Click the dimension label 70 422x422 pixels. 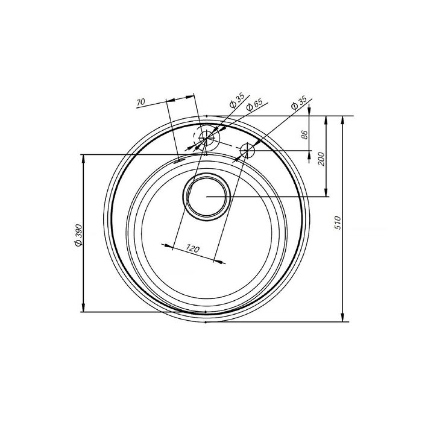coord(140,102)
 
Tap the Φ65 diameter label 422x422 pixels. coord(254,105)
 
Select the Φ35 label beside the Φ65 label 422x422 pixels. coord(236,100)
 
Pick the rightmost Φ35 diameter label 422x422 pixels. coord(299,103)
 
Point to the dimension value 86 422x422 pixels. coord(304,134)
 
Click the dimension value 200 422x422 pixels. coord(321,159)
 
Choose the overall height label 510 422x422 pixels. coord(338,222)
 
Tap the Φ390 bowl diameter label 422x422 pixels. coord(78,235)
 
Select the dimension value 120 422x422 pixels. coord(193,248)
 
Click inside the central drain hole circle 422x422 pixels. coord(206,197)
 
